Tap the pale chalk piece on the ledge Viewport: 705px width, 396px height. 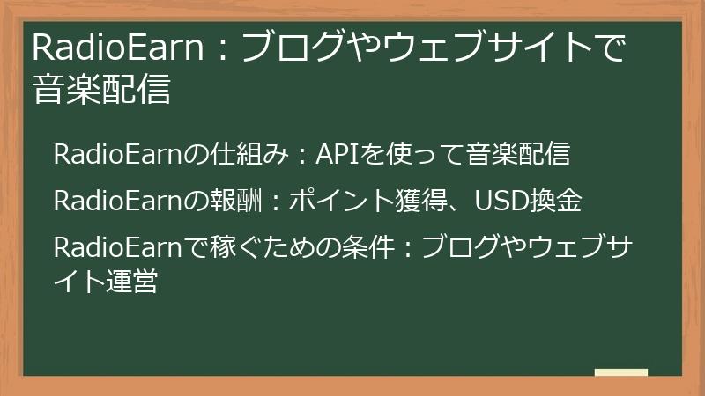click(620, 373)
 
